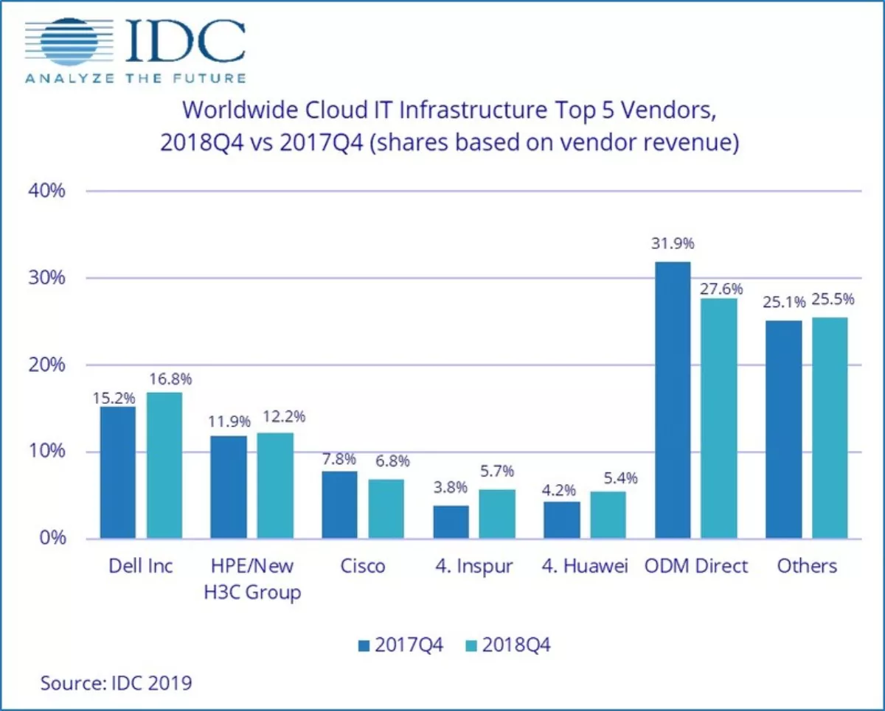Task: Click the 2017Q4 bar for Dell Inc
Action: pos(118,472)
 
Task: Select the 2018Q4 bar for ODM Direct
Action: pos(718,418)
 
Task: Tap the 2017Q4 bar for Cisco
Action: pos(339,505)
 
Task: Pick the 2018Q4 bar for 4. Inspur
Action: pos(497,514)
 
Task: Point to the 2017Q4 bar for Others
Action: pos(783,430)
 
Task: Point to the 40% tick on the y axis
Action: pos(49,191)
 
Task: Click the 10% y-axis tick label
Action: pos(49,452)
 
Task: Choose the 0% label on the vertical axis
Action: pos(55,539)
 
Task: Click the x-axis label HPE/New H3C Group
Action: pos(252,579)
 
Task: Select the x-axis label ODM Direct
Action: pos(695,566)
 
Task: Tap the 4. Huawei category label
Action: pos(585,566)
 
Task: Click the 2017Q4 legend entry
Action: pos(401,645)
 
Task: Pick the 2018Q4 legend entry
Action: pos(509,645)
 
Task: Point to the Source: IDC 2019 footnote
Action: pos(116,682)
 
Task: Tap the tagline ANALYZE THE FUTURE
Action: pos(136,78)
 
